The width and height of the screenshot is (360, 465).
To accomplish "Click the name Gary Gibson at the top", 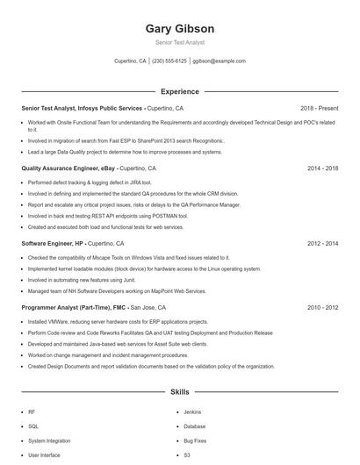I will point(179,29).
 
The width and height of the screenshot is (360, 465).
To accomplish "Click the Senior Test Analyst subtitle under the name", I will point(179,42).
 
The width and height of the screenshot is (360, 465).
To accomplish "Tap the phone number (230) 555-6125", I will point(169,61).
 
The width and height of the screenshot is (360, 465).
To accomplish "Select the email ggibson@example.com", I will point(219,61).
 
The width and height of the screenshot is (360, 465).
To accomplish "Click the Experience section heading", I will point(179,91).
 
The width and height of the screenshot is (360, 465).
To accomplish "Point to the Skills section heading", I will point(179,391).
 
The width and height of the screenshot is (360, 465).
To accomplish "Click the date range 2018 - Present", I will point(319,108).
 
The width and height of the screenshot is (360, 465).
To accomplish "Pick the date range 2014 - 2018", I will point(322,168).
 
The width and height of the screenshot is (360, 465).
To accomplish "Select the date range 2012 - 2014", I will point(322,243).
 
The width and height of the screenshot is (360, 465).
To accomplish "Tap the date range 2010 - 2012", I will point(322,308).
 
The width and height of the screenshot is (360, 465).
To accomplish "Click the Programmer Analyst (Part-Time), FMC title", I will point(74,308).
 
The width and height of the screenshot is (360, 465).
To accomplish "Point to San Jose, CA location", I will point(148,308).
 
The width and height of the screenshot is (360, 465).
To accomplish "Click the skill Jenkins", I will point(192,411).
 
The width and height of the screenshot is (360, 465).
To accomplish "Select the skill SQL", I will point(32,426).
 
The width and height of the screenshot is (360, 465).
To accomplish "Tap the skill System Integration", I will point(48,440).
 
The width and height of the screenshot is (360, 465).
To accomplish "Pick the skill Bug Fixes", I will point(195,440).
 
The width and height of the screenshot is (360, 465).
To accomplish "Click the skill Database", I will point(195,426).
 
